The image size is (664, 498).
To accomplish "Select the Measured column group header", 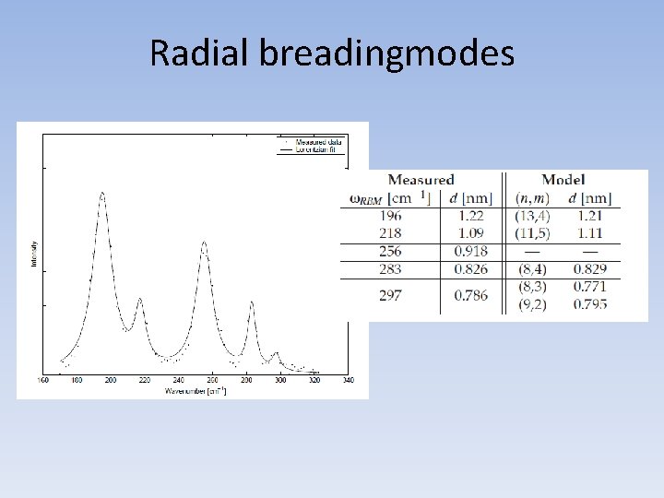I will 421,180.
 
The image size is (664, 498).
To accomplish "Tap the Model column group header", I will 563,180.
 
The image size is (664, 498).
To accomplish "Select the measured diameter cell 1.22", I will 470,215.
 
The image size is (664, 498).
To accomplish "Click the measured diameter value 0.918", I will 470,251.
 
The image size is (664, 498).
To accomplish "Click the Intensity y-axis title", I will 34,255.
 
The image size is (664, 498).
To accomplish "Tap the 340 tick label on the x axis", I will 348,380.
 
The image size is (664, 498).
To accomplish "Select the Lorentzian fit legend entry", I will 318,148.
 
